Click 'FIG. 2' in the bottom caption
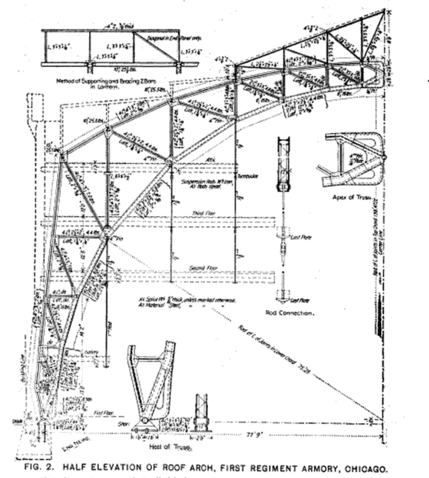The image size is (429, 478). pos(40,467)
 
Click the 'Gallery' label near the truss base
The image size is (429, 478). pos(92,352)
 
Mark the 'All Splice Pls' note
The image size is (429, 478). pos(187,300)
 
